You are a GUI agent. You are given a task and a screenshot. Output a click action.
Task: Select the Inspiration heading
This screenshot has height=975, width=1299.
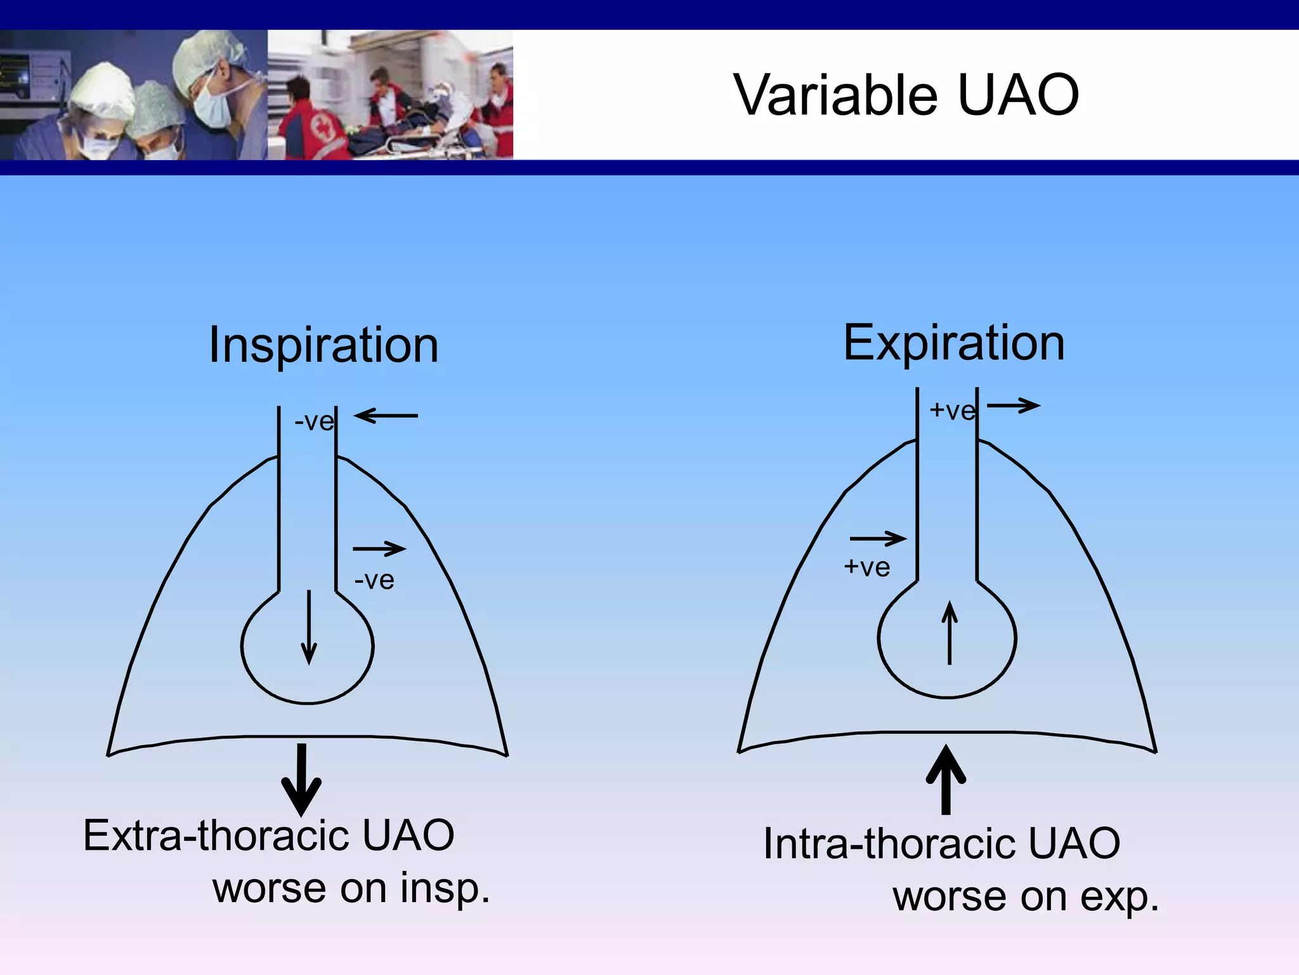click(x=323, y=346)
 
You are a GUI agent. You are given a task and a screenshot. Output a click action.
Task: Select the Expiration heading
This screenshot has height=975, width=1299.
click(x=953, y=344)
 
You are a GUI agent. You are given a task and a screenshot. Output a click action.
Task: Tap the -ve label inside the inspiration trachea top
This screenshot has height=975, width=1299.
click(x=313, y=421)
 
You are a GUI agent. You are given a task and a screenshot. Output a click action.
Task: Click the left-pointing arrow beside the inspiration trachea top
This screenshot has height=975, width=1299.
click(x=386, y=416)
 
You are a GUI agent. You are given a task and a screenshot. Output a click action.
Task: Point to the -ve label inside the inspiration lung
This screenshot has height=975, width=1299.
click(x=374, y=580)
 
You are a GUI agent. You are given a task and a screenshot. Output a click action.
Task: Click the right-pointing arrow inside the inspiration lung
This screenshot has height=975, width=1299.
click(x=379, y=548)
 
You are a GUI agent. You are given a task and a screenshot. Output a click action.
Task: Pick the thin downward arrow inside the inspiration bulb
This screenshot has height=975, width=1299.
click(x=309, y=627)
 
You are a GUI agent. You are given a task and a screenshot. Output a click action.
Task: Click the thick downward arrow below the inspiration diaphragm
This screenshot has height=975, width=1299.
click(x=301, y=779)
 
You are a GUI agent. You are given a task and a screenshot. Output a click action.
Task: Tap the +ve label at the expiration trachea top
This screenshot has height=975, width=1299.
click(x=951, y=411)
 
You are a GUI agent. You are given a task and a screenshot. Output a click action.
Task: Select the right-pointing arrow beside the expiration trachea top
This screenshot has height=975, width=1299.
click(x=1014, y=406)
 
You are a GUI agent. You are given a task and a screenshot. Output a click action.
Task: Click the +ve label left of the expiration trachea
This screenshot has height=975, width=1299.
click(x=866, y=567)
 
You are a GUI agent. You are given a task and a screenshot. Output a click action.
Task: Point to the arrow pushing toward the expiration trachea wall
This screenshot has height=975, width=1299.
click(x=878, y=539)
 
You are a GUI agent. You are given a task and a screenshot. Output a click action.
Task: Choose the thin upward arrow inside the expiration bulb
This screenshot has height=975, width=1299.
click(x=949, y=633)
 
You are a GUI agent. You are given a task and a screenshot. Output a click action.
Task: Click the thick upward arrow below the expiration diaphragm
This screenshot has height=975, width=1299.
click(x=946, y=779)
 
